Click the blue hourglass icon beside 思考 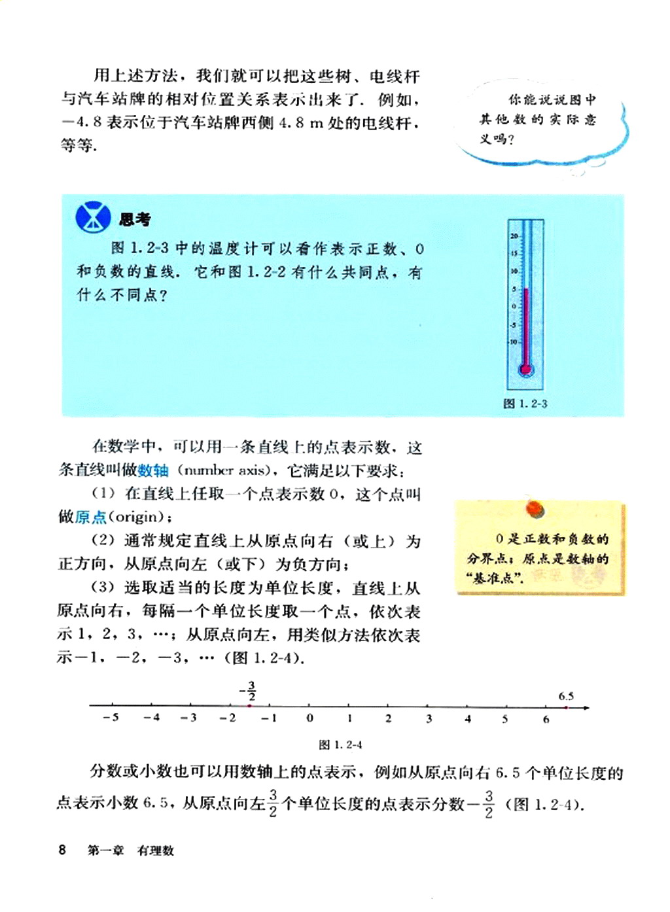click(x=93, y=217)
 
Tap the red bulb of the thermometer click(x=525, y=370)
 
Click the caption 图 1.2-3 click(x=525, y=404)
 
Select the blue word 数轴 click(x=154, y=470)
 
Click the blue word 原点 click(x=90, y=517)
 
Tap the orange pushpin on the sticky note click(x=535, y=508)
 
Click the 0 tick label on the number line click(x=309, y=718)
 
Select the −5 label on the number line click(x=111, y=717)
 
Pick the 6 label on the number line click(x=546, y=718)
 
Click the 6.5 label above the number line click(x=566, y=696)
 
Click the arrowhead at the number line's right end click(x=586, y=707)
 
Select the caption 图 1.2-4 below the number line click(x=340, y=745)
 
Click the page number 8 click(x=62, y=850)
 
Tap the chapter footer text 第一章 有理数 click(x=131, y=851)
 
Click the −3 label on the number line click(x=188, y=718)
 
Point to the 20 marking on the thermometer click(x=514, y=236)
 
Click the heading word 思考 click(x=135, y=219)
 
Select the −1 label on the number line click(x=269, y=718)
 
